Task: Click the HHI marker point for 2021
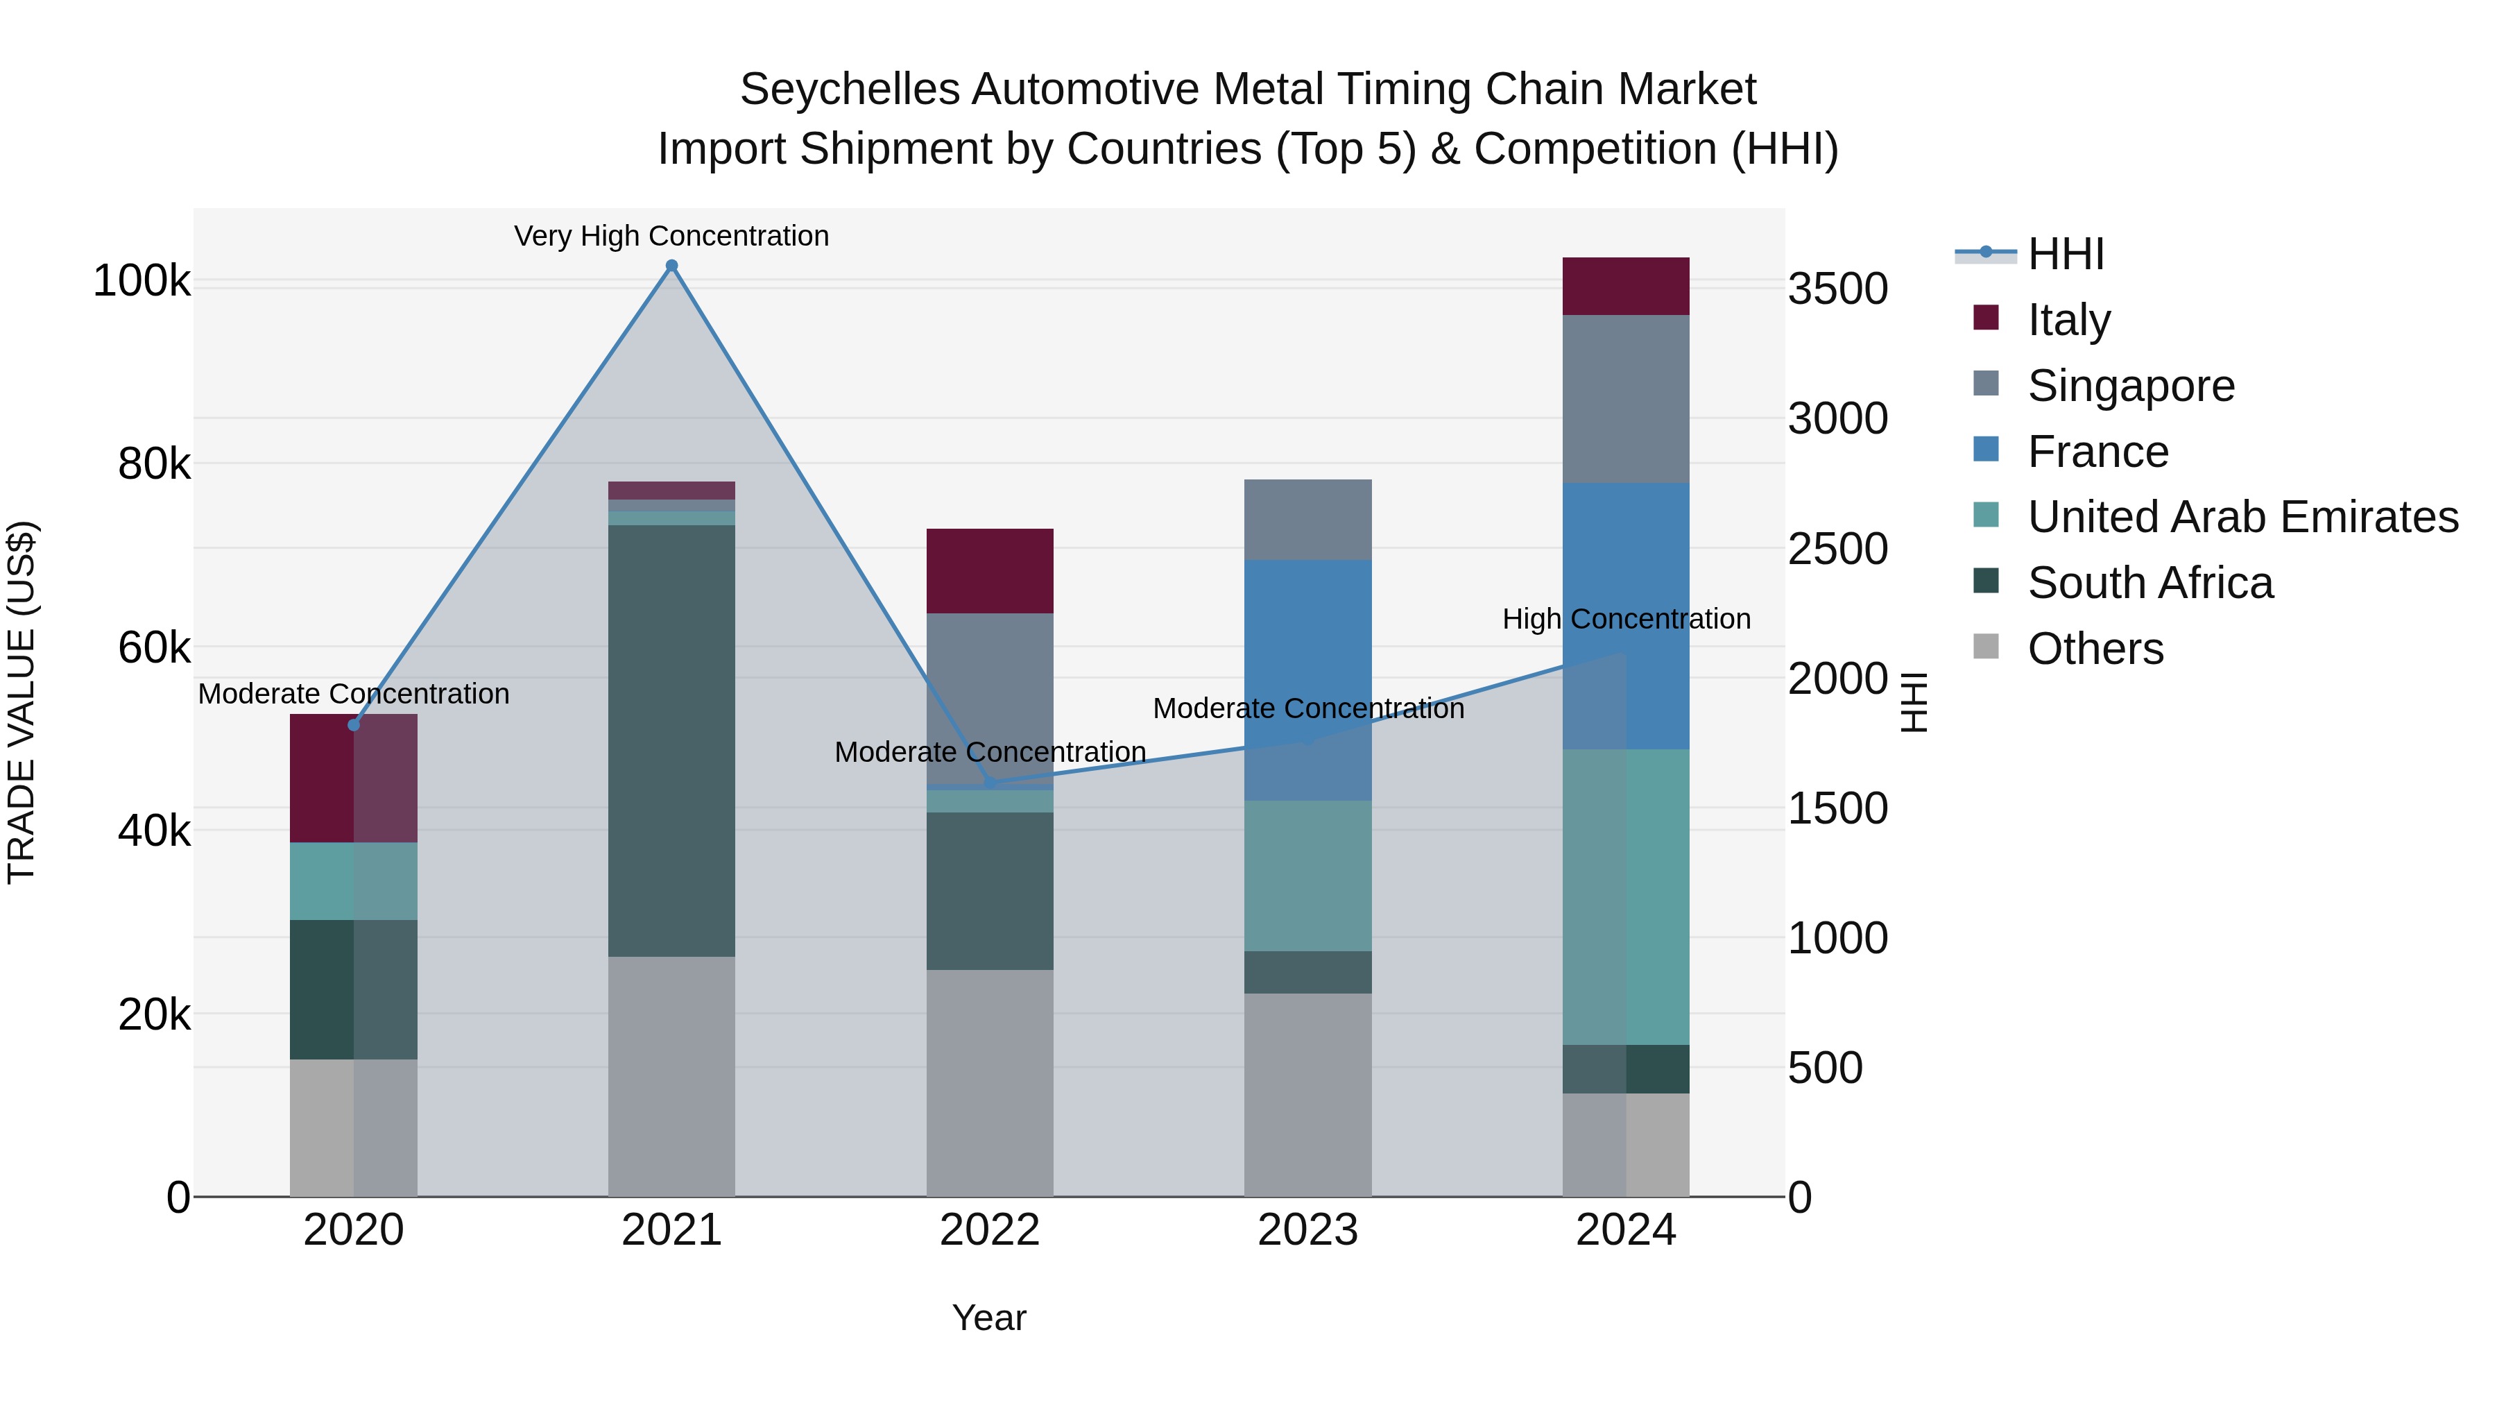(671, 266)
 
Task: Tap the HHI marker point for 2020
(354, 725)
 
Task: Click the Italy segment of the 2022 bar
(990, 571)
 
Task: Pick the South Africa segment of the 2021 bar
(671, 741)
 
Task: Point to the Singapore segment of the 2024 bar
(1626, 398)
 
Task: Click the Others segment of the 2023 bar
(1307, 1095)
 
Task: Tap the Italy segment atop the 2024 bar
(1626, 286)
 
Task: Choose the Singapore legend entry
(2131, 386)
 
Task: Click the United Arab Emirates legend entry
(2242, 517)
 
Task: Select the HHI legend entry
(2065, 254)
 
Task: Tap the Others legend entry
(2095, 649)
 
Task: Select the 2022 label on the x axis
(990, 1230)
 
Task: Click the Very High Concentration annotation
(671, 236)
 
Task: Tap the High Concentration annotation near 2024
(1627, 619)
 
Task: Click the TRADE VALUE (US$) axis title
(22, 702)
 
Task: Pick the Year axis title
(988, 1318)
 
